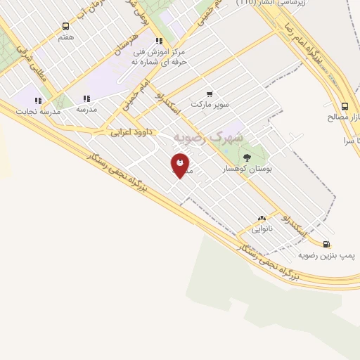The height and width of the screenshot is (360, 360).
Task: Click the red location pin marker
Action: tap(180, 165)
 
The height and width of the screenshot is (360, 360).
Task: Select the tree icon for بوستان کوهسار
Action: tap(246, 157)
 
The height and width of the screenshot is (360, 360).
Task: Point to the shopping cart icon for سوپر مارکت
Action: tap(210, 94)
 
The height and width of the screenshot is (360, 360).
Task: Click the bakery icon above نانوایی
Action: tap(263, 219)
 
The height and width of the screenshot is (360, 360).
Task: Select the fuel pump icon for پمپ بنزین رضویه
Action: tap(326, 244)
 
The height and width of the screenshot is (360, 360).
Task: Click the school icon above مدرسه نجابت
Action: tap(38, 101)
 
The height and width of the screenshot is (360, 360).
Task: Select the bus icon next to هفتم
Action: tap(66, 26)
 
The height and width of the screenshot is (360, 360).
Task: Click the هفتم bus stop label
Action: tap(66, 37)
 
